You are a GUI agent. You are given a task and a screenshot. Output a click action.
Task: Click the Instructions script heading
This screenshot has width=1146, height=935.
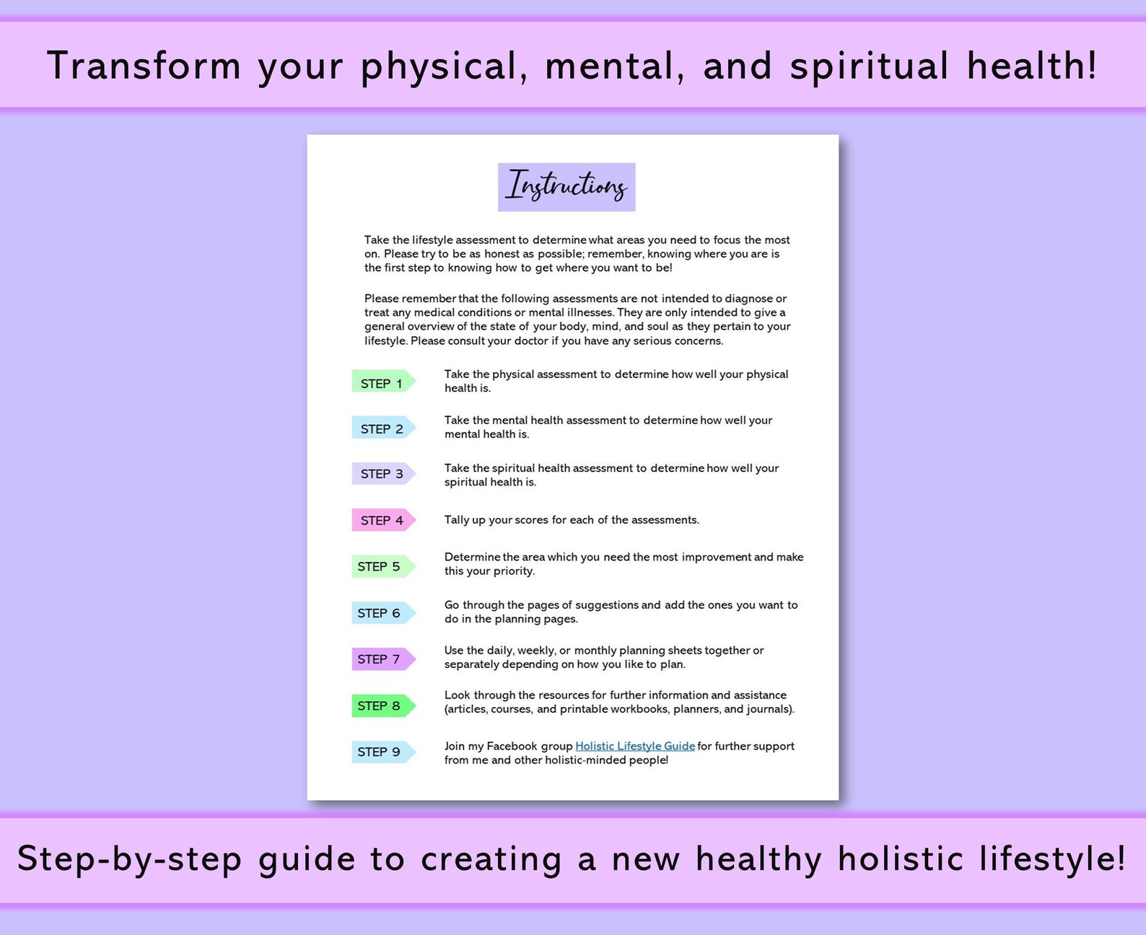(567, 187)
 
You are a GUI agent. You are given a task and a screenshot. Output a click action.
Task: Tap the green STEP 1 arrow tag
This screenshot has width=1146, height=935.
(382, 382)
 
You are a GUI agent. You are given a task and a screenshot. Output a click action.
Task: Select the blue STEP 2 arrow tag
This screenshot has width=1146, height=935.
(382, 429)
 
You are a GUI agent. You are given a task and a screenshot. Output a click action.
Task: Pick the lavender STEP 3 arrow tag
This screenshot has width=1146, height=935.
(382, 474)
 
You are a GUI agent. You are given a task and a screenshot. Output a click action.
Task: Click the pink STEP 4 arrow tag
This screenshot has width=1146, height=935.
(382, 520)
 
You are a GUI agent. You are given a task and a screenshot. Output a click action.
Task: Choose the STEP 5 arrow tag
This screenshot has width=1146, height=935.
(381, 566)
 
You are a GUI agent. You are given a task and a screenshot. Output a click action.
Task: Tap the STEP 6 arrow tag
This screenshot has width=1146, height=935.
(381, 613)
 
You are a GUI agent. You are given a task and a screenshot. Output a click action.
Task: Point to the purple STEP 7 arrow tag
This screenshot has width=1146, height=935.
(381, 659)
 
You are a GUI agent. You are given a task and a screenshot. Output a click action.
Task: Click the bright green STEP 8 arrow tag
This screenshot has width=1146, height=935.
(381, 706)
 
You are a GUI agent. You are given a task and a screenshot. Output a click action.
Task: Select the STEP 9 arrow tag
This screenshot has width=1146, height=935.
(381, 752)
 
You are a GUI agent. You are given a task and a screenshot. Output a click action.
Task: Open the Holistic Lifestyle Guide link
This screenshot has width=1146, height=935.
(635, 746)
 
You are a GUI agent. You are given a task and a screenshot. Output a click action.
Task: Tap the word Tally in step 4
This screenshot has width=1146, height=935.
(457, 520)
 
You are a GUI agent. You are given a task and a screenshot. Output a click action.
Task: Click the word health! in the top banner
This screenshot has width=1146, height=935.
(1032, 66)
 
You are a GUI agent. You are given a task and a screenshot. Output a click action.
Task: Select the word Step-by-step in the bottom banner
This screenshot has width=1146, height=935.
(130, 859)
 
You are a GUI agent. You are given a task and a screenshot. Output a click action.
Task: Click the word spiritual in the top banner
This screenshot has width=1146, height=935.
(869, 66)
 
